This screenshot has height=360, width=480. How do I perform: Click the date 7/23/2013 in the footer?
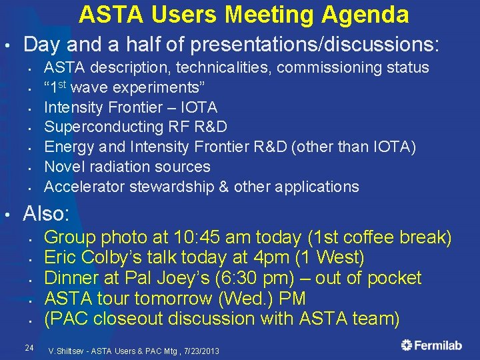pyautogui.click(x=201, y=351)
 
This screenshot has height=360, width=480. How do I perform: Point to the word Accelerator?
pyautogui.click(x=85, y=187)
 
